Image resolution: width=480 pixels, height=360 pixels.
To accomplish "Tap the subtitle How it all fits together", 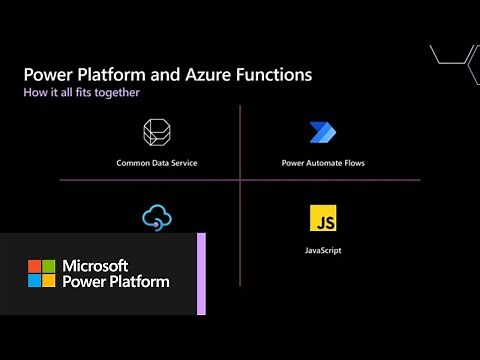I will (x=81, y=92).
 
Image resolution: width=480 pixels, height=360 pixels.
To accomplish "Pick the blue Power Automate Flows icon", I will (x=321, y=133).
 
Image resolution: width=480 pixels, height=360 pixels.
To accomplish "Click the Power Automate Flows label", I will (x=321, y=160).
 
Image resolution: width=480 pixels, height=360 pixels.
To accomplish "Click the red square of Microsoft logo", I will (x=34, y=266).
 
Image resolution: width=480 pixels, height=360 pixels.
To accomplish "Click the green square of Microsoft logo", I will (x=47, y=266).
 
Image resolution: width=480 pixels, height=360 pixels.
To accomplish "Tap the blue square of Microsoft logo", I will (x=34, y=280).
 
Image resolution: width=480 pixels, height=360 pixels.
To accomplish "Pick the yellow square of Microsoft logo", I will (x=47, y=280).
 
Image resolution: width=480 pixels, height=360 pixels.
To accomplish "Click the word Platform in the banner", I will (x=139, y=282).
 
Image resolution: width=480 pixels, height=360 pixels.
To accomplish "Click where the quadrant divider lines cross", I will (x=240, y=180).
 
